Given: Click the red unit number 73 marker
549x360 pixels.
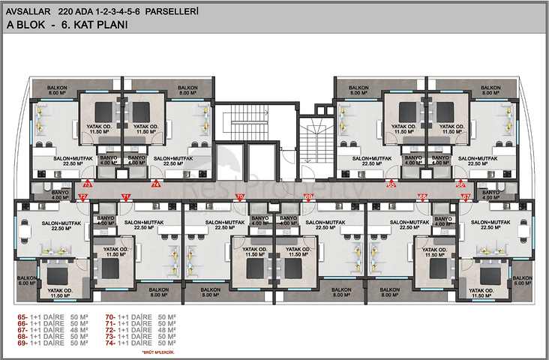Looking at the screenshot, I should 88,183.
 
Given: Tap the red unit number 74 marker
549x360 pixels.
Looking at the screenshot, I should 156,183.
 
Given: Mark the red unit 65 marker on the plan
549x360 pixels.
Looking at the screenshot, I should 391,183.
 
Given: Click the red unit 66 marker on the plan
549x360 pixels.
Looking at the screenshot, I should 460,183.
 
